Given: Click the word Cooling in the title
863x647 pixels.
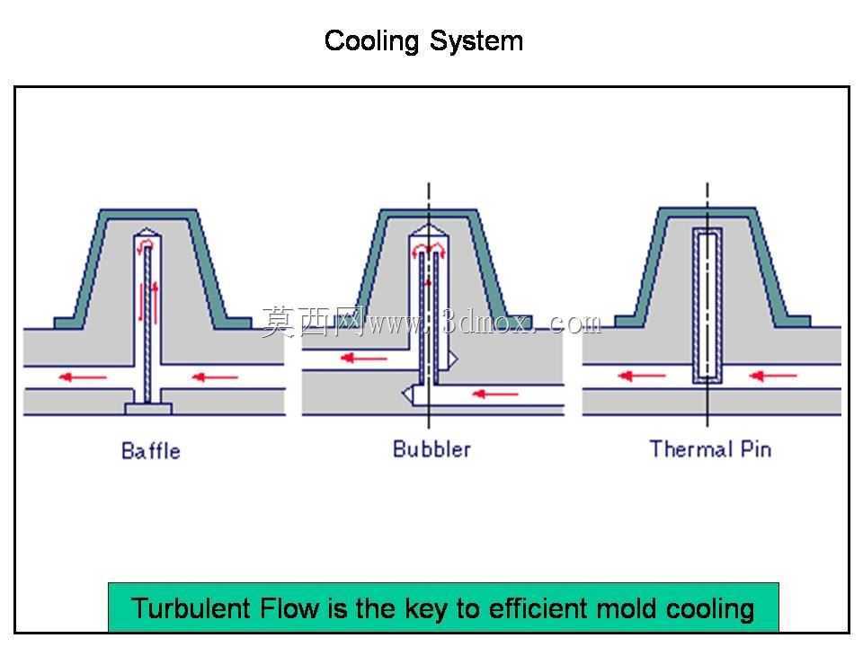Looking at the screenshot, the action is tap(371, 41).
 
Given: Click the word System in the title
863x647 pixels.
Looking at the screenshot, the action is tap(476, 41).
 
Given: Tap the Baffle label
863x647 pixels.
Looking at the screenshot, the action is tap(151, 450).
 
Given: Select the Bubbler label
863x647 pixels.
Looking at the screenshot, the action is tap(431, 449).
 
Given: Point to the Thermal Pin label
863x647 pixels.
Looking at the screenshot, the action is tap(710, 449).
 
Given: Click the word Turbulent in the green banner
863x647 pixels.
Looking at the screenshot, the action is tap(192, 608).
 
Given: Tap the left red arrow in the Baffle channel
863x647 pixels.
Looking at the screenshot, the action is tap(83, 377).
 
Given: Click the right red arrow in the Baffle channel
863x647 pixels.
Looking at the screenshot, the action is tap(215, 377).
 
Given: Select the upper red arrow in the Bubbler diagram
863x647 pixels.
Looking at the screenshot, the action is tap(364, 359).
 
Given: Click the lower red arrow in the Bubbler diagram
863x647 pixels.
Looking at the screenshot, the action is tap(495, 394).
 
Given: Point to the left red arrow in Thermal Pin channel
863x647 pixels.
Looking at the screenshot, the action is tap(642, 376).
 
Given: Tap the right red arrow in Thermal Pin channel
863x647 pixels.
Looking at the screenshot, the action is tap(773, 376).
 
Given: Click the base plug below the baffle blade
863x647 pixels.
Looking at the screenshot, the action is tap(148, 409).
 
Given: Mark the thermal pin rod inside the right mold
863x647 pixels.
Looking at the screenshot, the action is tap(707, 306).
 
